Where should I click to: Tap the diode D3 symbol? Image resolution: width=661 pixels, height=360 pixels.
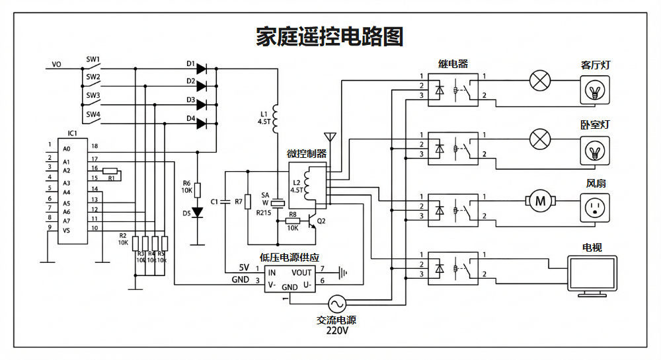point(202,104)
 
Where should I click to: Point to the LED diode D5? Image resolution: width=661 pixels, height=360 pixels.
point(196,213)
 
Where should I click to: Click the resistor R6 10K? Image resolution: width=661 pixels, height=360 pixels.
point(196,189)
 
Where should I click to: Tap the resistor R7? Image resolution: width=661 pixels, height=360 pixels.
point(248,201)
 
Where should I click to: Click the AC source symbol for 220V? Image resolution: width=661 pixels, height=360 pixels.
point(336,303)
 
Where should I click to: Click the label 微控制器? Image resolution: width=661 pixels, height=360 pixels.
point(307,153)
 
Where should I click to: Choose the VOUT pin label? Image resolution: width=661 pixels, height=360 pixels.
point(301,272)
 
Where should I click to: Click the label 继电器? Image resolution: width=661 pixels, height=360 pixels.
point(453,64)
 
